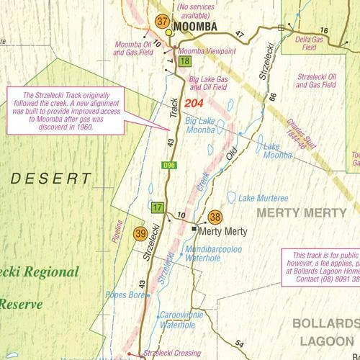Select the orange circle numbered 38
(215, 217)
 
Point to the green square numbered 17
(158, 208)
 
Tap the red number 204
(194, 104)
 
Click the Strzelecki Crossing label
(171, 354)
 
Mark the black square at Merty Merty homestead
(194, 228)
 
